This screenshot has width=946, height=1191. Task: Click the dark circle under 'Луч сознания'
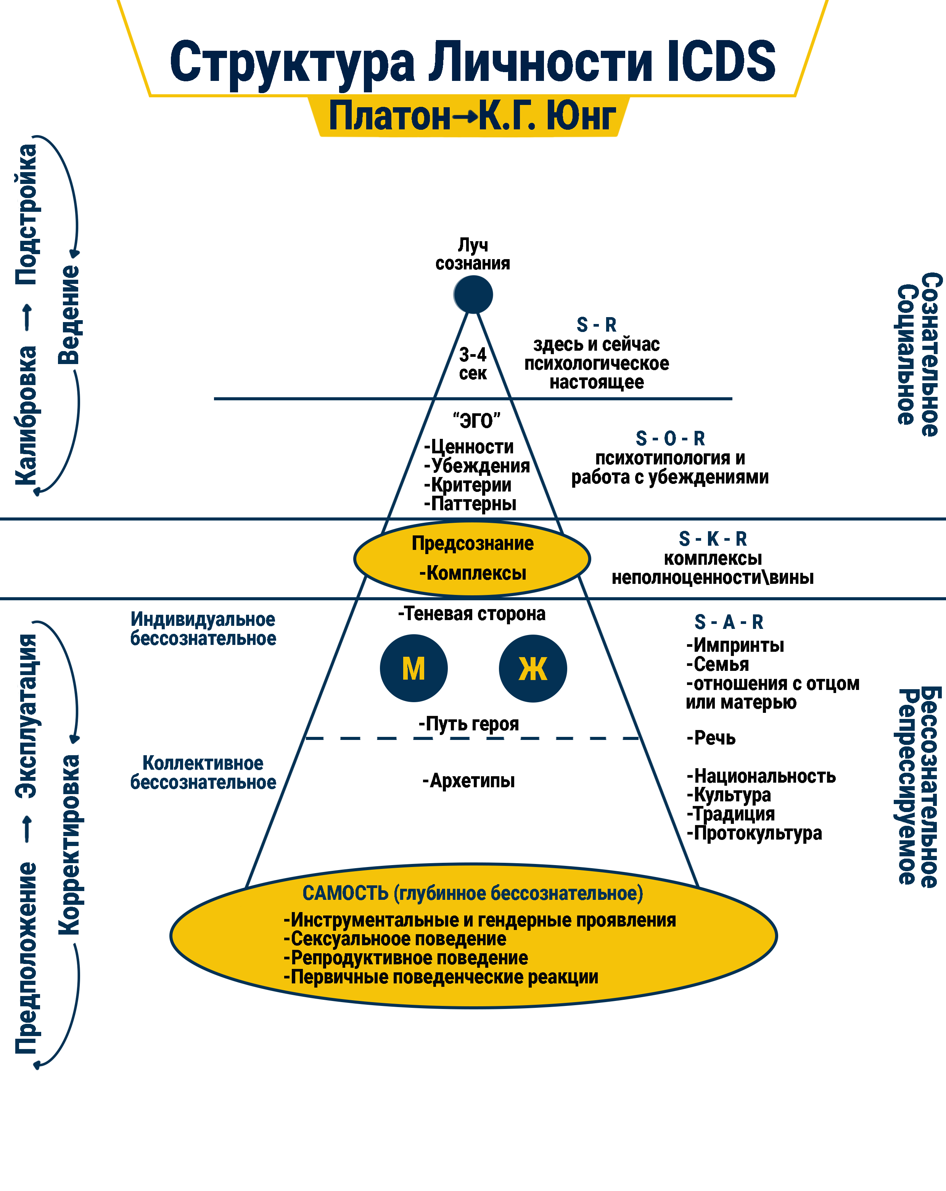point(473,295)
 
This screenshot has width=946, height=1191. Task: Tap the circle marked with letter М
point(413,669)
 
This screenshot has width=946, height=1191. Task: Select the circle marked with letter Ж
point(533,669)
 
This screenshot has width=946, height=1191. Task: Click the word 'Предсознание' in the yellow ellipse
point(473,543)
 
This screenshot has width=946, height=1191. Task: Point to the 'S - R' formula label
point(597,324)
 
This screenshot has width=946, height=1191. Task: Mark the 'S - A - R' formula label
point(729,622)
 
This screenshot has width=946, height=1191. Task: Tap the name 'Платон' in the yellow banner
point(390,116)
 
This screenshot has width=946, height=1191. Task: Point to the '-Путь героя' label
point(469,724)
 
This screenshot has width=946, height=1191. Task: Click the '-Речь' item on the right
point(711,738)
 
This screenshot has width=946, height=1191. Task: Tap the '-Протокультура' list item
point(755,833)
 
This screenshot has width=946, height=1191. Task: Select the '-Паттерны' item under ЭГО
point(470,504)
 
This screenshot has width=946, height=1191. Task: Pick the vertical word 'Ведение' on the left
point(69,315)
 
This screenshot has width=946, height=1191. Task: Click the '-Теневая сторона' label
point(472,614)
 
